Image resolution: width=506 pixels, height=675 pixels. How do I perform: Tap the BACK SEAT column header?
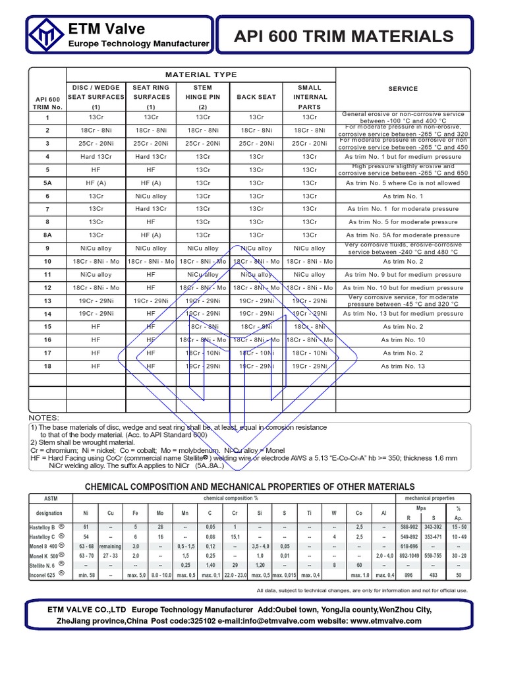point(256,97)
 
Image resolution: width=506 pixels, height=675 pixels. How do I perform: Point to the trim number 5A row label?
point(47,183)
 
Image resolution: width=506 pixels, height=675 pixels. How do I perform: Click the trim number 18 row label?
point(47,366)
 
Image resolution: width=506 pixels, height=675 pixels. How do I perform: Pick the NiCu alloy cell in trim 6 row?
point(151,196)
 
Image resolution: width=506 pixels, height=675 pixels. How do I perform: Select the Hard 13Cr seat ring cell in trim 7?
point(151,209)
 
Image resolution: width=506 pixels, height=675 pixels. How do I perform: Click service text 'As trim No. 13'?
point(403,366)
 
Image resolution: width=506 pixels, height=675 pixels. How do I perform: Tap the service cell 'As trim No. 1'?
point(403,196)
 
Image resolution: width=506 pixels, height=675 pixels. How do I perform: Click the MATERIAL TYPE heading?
point(201,74)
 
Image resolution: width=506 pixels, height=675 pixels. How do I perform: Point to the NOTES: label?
point(43,418)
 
